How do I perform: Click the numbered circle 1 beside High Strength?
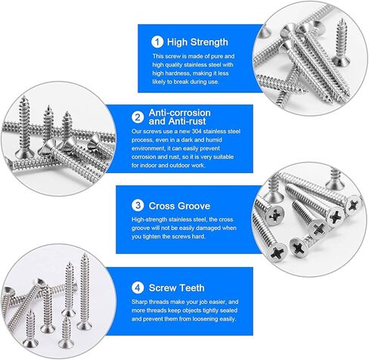pyautogui.click(x=157, y=42)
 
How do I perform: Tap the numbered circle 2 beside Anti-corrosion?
pyautogui.click(x=138, y=116)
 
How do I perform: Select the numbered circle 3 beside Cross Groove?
pyautogui.click(x=137, y=204)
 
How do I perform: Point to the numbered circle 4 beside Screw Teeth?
pyautogui.click(x=136, y=287)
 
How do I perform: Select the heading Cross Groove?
pyautogui.click(x=180, y=204)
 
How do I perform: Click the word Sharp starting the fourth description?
pyautogui.click(x=139, y=303)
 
